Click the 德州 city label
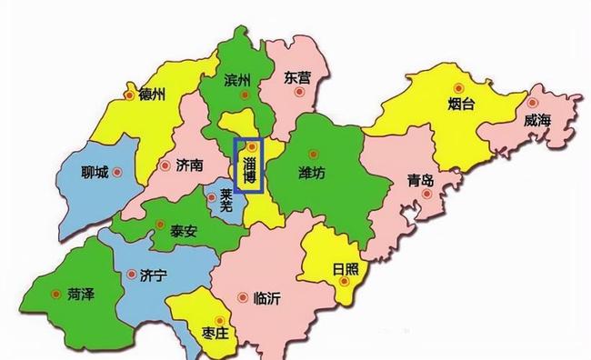pos(151,95)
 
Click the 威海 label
pos(536,119)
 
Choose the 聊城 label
pos(95,172)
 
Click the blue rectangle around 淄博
pos(248,165)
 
